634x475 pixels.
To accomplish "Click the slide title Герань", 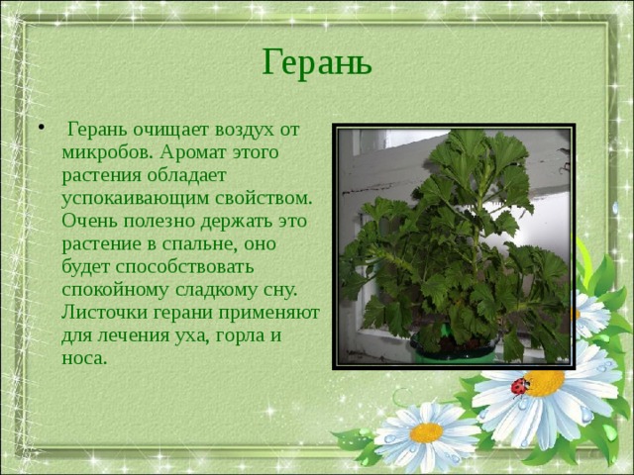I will tap(317, 61).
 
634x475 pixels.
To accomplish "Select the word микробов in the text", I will tap(104, 153).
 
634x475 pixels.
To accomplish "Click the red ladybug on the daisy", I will tap(519, 386).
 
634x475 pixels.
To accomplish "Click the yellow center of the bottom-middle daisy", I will tap(426, 431).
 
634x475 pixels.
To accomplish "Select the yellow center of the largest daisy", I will tap(545, 382).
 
